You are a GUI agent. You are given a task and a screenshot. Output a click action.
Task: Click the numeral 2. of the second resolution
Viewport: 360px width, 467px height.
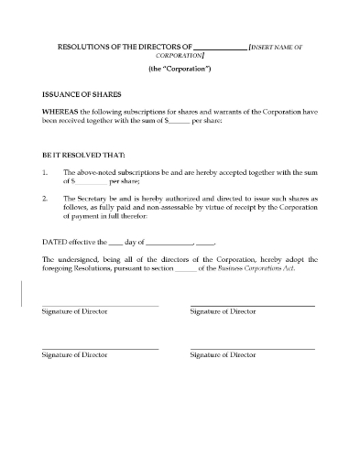click(46, 196)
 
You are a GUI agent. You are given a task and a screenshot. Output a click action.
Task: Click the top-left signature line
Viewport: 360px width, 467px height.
click(100, 305)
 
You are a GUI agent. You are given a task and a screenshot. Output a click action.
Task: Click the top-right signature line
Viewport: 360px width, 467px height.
click(252, 305)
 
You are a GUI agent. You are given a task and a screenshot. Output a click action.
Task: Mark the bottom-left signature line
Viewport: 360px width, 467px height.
click(100, 348)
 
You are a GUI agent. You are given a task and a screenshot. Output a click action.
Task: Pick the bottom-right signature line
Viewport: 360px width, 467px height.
click(252, 348)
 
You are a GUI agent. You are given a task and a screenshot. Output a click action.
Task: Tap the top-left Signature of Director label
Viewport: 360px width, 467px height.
click(75, 312)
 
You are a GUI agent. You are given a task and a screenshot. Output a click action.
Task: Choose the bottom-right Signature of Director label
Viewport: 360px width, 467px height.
click(222, 355)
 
